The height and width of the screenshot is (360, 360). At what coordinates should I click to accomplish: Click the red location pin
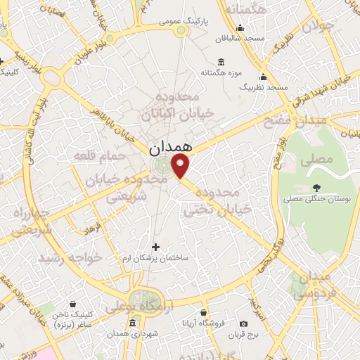point(181,166)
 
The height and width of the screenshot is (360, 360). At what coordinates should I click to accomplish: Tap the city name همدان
point(169,149)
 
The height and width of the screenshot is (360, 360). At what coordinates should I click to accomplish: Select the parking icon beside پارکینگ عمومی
point(181,31)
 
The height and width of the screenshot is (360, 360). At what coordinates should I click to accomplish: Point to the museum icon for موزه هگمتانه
point(221,62)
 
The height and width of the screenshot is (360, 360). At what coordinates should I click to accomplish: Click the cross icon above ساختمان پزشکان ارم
point(155,247)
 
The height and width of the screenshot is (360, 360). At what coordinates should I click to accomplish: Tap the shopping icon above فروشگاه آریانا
point(204,312)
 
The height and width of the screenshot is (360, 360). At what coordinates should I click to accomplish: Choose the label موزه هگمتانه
point(221,73)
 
